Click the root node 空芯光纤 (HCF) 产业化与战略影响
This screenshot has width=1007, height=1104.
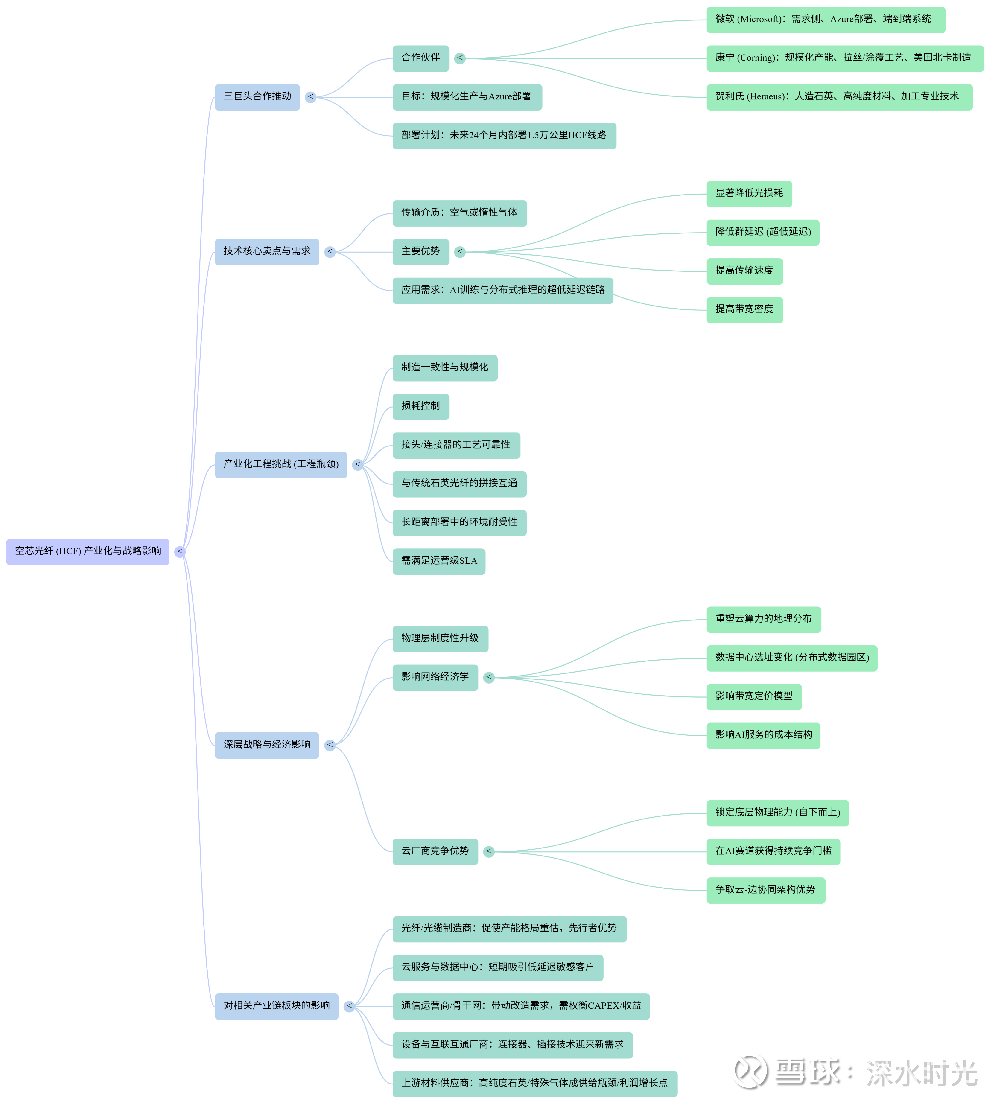[88, 551]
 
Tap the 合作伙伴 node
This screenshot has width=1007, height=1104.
[420, 58]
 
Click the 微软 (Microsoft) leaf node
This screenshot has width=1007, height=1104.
[825, 20]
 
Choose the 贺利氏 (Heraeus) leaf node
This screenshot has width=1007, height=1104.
[839, 97]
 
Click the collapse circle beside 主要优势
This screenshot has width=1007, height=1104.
[460, 252]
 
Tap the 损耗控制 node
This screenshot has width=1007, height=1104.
[420, 406]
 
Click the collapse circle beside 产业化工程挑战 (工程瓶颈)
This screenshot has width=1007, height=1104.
[358, 465]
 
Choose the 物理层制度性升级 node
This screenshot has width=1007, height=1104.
[440, 638]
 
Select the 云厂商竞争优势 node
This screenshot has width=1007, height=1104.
[435, 852]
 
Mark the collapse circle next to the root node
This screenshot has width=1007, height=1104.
[180, 552]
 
